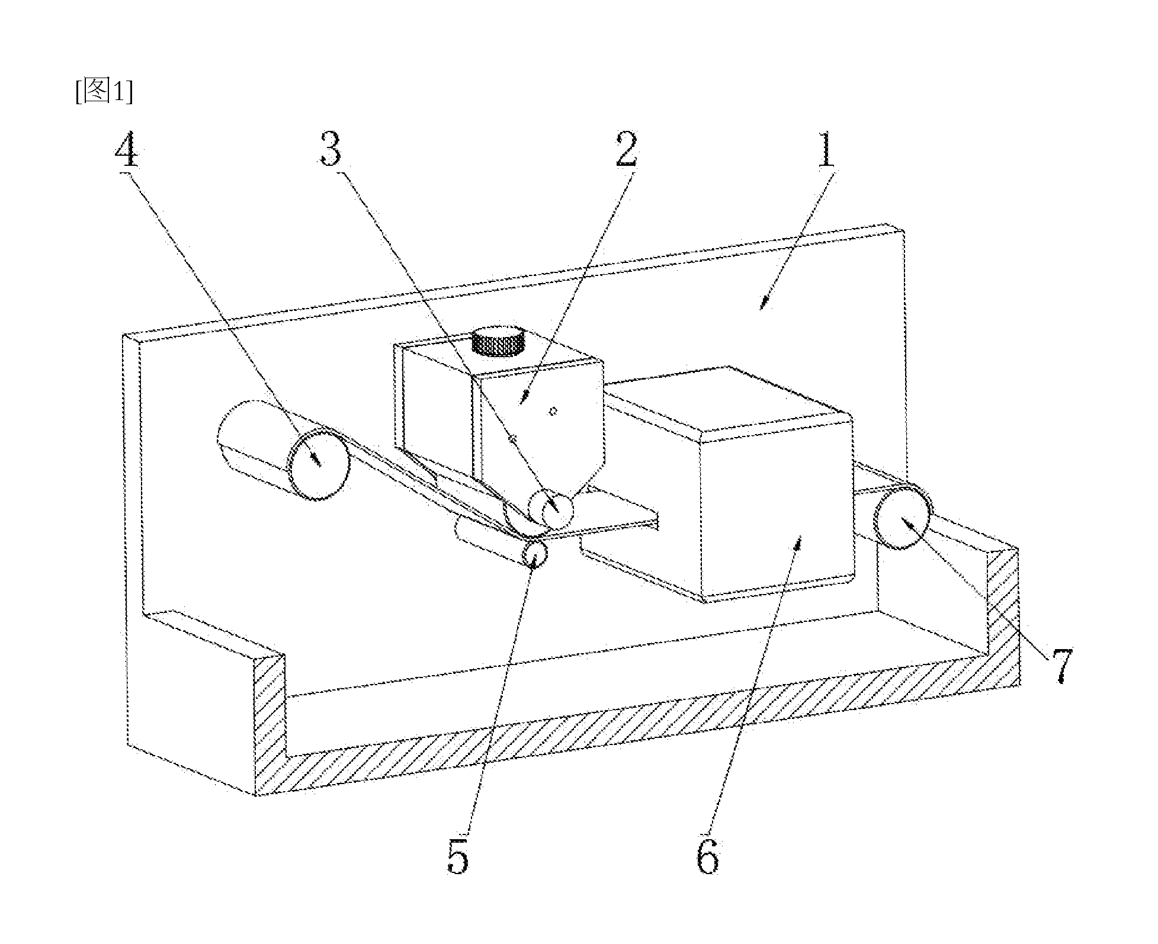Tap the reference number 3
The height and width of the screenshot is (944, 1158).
330,148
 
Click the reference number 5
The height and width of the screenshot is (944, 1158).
458,855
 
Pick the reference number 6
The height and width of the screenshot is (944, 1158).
708,855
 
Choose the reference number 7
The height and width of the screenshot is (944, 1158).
1061,666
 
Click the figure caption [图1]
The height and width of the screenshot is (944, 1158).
104,92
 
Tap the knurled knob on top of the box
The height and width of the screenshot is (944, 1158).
498,341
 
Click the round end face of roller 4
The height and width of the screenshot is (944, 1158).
317,466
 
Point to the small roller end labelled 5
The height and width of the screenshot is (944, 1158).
535,554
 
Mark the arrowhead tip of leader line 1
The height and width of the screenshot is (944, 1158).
761,308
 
